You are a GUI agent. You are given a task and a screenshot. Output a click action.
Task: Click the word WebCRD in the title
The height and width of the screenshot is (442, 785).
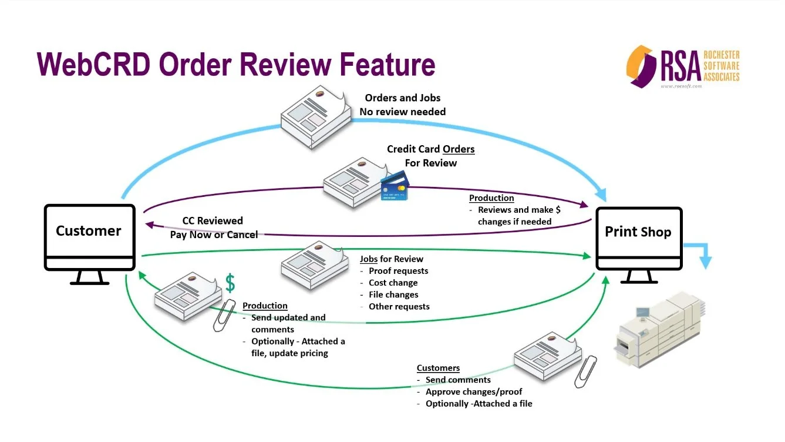tap(93, 64)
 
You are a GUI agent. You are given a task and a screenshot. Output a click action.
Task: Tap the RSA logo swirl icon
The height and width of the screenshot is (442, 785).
tap(641, 66)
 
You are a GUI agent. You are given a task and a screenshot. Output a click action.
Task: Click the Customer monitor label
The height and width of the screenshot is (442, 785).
tap(89, 231)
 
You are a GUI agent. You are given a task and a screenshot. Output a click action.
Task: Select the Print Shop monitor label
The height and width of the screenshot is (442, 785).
tap(638, 232)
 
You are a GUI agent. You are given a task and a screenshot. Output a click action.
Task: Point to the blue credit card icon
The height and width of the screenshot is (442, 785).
tap(395, 186)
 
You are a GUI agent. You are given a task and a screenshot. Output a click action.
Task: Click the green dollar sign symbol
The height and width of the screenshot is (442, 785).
tap(230, 283)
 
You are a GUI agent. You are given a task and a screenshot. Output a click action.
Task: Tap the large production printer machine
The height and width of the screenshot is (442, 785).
tap(659, 329)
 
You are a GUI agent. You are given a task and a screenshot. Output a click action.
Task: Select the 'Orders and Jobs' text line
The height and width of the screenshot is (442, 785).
tap(403, 98)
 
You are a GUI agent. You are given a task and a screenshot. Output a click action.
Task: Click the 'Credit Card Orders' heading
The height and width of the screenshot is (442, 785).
tap(431, 149)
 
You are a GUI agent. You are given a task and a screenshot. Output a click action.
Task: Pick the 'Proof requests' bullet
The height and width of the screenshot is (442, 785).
tap(399, 271)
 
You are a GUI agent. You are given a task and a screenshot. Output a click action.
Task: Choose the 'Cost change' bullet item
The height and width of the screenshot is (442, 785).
tap(393, 283)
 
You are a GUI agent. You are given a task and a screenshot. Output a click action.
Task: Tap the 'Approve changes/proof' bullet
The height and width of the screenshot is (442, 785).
tap(474, 391)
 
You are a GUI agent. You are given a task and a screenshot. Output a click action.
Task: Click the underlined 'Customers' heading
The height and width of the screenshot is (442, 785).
tap(438, 368)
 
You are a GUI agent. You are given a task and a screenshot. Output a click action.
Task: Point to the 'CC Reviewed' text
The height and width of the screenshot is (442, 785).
tap(213, 220)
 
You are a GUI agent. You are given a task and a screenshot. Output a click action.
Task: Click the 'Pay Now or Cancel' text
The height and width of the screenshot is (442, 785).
tap(214, 235)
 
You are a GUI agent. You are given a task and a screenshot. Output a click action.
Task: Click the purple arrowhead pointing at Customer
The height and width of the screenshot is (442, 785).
tap(150, 225)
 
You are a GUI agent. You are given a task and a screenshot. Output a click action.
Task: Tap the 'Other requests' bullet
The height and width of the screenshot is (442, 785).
tap(399, 307)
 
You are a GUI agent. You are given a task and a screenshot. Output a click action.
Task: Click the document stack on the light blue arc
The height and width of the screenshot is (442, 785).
tap(316, 117)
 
